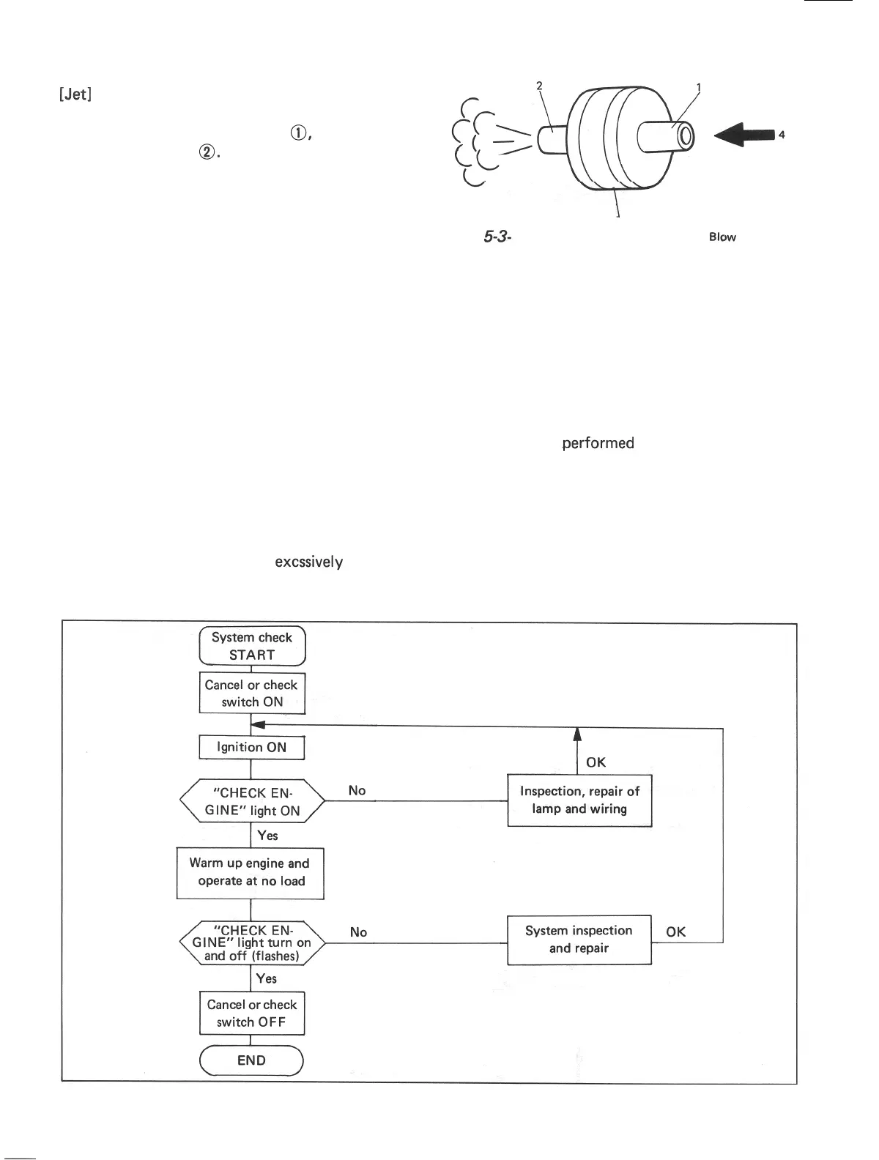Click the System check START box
click(252, 646)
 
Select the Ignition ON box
click(251, 748)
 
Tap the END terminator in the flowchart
click(251, 1060)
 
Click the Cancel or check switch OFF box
click(251, 1014)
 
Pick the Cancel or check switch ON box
click(251, 694)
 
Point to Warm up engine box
click(250, 873)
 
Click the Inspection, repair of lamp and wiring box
click(579, 800)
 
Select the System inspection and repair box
click(579, 940)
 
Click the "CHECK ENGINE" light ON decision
click(251, 802)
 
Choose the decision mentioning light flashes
click(251, 943)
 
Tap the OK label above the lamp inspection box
click(596, 762)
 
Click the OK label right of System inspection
click(676, 932)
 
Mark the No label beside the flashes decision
click(358, 932)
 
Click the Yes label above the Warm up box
click(267, 836)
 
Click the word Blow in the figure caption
click(722, 237)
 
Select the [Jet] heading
click(75, 95)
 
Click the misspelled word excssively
click(308, 562)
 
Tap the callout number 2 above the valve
click(539, 86)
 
